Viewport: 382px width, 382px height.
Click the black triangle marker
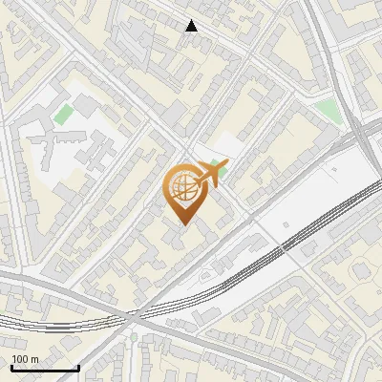(x=192, y=26)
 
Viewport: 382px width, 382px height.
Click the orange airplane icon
(x=214, y=174)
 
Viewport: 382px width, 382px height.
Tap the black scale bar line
(x=44, y=368)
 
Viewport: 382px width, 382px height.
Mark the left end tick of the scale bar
(x=11, y=366)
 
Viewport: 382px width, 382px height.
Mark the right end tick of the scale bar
(x=77, y=366)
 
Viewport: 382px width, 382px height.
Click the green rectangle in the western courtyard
(x=63, y=116)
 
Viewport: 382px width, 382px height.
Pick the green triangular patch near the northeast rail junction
(x=329, y=110)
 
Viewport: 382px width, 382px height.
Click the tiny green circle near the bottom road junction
(x=134, y=337)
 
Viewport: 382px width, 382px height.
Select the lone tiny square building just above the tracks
(x=334, y=169)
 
